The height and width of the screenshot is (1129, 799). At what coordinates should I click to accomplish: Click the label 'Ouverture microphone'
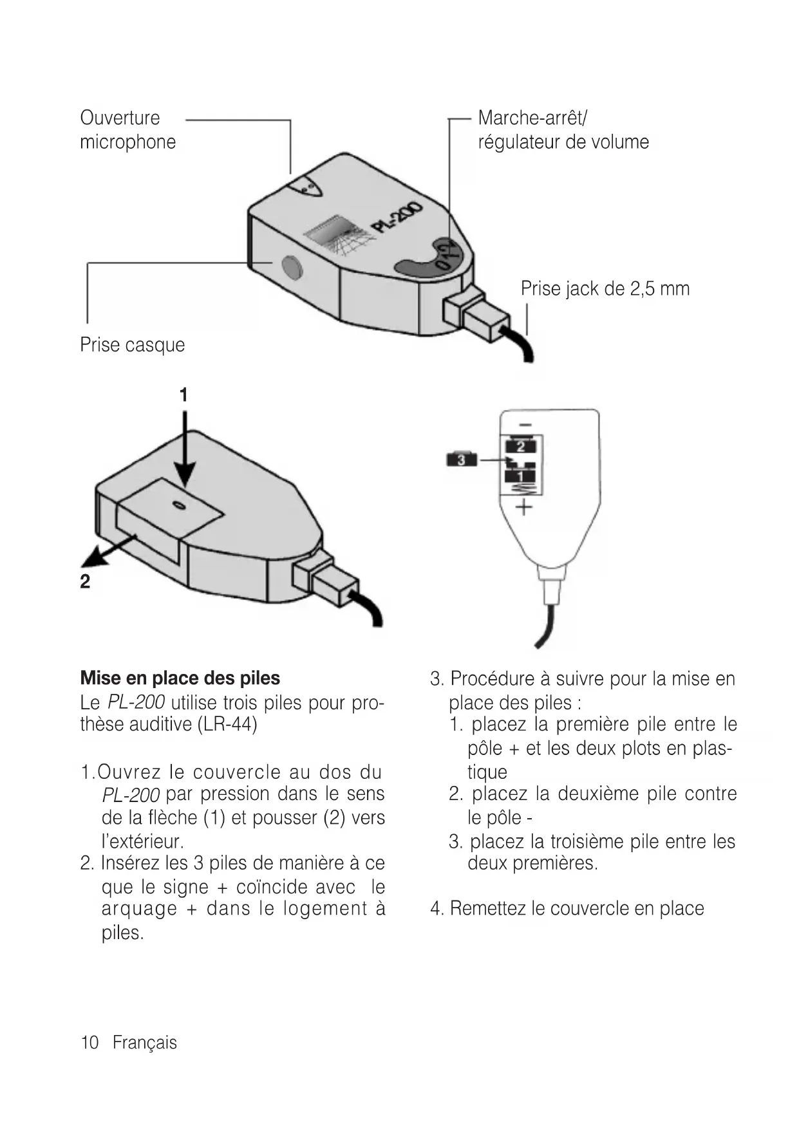127,129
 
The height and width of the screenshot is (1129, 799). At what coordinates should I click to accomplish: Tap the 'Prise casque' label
132,345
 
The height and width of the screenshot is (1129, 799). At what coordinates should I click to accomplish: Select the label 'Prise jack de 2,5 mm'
605,288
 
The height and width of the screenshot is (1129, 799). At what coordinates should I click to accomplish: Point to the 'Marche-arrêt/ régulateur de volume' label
563,129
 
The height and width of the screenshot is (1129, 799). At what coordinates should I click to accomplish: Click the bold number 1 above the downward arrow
183,395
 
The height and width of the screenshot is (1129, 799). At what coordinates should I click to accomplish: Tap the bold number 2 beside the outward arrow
85,582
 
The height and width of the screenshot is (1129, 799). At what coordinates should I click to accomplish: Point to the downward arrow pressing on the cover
185,451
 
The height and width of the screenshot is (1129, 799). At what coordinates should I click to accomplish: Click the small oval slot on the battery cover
180,506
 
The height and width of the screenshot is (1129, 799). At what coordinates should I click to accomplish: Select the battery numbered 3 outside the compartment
461,460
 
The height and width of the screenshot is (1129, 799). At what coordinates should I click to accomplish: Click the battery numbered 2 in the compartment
522,446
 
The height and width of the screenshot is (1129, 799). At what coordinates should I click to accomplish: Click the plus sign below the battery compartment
524,507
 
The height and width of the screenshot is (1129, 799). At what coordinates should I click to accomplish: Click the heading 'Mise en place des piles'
180,678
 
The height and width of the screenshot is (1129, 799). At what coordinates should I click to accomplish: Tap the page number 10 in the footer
89,1043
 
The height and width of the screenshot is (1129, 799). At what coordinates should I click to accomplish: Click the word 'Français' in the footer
144,1043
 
